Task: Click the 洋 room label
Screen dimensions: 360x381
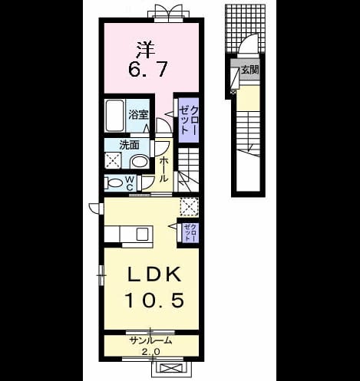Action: click(x=147, y=50)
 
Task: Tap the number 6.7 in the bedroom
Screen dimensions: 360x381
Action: click(x=148, y=69)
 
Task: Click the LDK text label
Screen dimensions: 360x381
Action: click(x=154, y=274)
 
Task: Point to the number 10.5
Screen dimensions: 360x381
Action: click(x=154, y=300)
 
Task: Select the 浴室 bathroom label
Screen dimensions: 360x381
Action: click(x=138, y=115)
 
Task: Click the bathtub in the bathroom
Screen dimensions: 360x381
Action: click(x=114, y=116)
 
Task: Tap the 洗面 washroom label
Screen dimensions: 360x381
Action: click(x=130, y=145)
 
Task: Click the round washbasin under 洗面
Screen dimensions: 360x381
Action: click(x=140, y=162)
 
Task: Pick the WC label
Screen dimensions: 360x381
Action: click(x=130, y=182)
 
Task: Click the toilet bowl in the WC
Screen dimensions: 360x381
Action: click(x=114, y=183)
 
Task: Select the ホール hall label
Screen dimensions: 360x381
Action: click(x=163, y=169)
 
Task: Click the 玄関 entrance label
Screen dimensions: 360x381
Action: click(x=249, y=70)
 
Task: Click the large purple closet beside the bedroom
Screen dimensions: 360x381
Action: click(x=189, y=120)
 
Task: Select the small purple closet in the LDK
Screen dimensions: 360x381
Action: click(x=189, y=232)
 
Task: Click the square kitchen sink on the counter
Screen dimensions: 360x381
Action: click(x=142, y=234)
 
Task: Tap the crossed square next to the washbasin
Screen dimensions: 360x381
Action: click(x=113, y=160)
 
